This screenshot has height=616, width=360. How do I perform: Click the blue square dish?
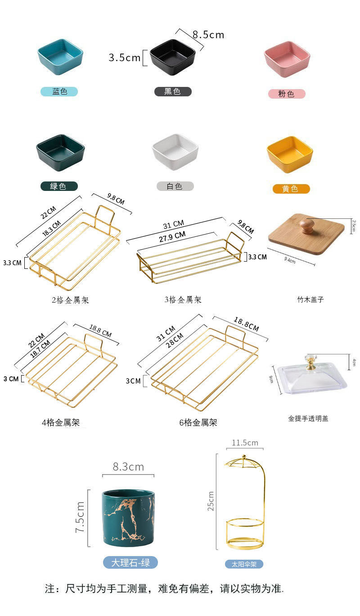click(60, 57)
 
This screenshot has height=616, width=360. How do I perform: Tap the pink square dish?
click(287, 59)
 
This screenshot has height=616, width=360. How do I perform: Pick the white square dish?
click(175, 151)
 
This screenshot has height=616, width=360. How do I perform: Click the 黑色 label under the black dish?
click(173, 92)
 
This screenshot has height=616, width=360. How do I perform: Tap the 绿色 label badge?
click(58, 186)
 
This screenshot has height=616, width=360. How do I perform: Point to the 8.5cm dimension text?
click(208, 35)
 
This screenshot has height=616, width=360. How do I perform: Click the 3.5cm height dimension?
click(125, 58)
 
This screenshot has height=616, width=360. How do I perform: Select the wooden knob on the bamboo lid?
click(307, 225)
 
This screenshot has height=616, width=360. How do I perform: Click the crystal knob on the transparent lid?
click(311, 362)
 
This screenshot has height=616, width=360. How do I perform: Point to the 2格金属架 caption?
click(70, 300)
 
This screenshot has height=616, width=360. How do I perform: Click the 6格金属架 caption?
click(198, 422)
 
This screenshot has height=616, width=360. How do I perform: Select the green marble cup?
click(128, 518)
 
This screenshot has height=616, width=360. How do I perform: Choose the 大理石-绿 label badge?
click(130, 562)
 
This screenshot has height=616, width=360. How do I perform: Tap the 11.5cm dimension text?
click(245, 443)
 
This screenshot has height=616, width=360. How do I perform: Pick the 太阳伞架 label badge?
click(244, 564)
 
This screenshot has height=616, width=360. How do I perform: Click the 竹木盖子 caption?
click(310, 299)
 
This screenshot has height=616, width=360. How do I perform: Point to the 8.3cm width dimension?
click(128, 467)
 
